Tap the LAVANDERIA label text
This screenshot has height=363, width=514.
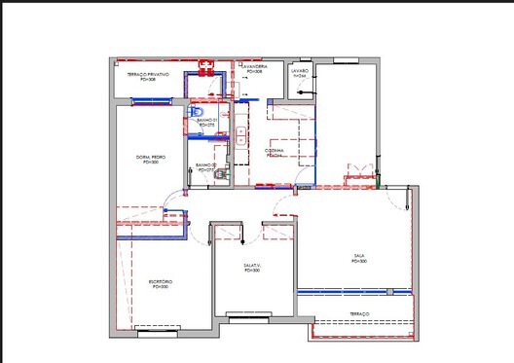[255, 69]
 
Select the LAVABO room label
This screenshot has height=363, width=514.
[299, 73]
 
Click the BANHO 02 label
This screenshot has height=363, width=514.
[206, 167]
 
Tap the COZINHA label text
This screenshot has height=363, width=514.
[275, 153]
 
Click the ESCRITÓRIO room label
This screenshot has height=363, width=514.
[159, 284]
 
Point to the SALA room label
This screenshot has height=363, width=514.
[359, 260]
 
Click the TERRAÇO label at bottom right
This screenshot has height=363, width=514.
[359, 313]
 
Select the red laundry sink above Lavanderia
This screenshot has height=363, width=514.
[204, 68]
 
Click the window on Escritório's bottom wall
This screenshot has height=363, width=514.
[158, 333]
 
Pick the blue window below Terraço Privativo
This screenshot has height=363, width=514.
[155, 97]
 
